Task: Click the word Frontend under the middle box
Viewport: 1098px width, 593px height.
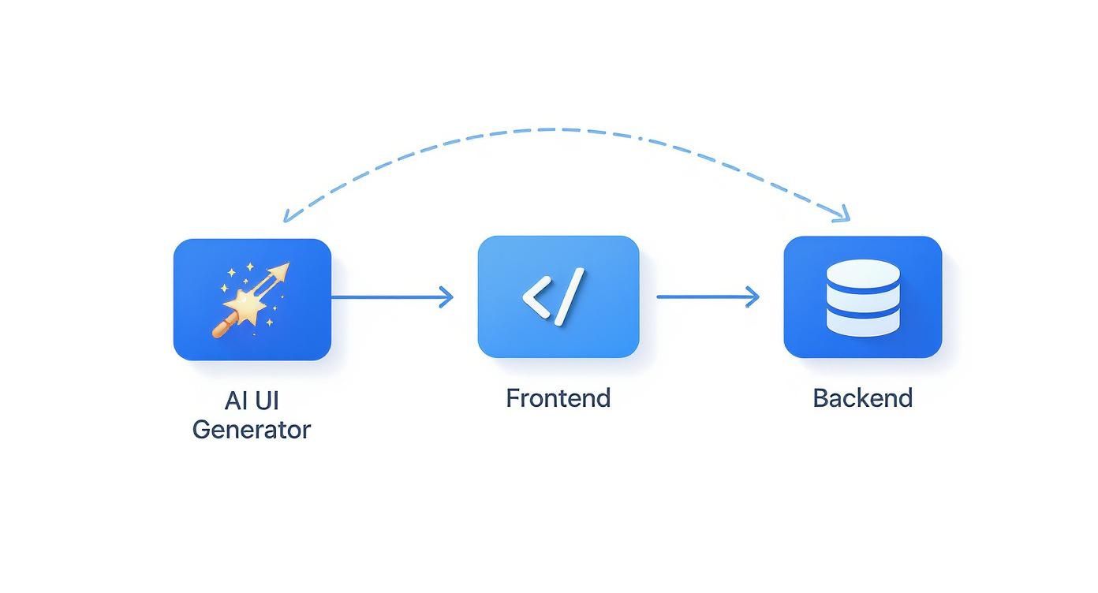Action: [x=558, y=398]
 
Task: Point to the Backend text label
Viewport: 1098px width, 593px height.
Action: [x=862, y=398]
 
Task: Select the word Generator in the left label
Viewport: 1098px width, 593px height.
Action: [x=252, y=431]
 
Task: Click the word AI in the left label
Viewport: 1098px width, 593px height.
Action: [x=235, y=401]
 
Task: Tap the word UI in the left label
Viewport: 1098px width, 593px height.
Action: [x=267, y=401]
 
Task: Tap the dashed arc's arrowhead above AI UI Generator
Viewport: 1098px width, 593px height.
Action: [x=289, y=214]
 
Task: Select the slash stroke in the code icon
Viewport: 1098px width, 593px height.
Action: [x=570, y=296]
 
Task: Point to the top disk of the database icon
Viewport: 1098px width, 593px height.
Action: [x=862, y=274]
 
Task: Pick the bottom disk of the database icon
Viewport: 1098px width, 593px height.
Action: [x=862, y=321]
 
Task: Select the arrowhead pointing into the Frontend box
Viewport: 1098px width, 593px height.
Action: [x=447, y=297]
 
